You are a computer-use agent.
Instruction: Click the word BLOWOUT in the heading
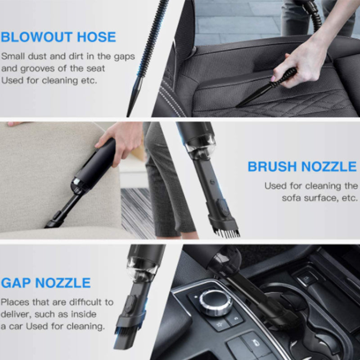point(37,37)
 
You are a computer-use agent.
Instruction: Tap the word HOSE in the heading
point(96,37)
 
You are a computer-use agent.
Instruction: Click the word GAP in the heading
point(16,283)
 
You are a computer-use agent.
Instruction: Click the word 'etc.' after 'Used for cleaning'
point(89,81)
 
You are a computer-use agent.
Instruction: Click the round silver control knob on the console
point(216,302)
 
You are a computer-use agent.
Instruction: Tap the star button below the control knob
point(220,324)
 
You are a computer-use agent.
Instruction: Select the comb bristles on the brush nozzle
point(227,232)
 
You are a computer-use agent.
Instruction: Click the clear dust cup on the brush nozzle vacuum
point(200,147)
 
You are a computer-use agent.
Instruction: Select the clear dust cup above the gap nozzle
point(143,269)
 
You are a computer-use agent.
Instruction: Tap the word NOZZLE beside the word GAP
point(63,283)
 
